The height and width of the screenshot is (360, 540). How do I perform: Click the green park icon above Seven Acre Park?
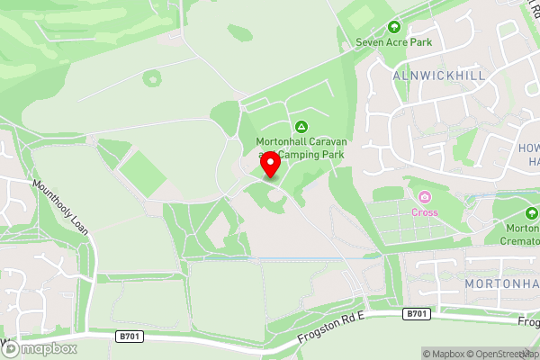[x=392, y=28]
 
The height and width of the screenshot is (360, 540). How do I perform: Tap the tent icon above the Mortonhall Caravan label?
[x=301, y=126]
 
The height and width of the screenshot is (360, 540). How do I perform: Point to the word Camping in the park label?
[x=313, y=155]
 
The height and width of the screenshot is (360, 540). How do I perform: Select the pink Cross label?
[x=425, y=212]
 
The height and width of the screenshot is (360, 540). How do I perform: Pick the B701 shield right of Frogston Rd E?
[x=415, y=313]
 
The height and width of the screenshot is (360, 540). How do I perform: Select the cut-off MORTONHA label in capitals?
[x=502, y=284]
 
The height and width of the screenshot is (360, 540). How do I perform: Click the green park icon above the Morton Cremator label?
[x=532, y=213]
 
